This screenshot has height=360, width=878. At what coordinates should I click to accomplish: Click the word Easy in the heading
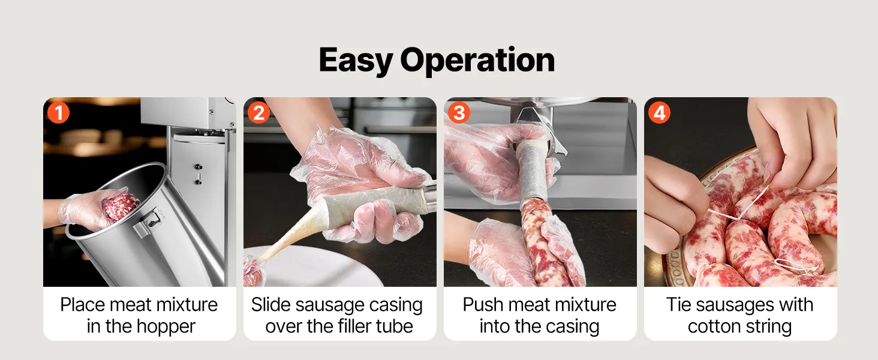[x=356, y=61]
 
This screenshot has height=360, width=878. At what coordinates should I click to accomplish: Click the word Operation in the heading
[x=477, y=59]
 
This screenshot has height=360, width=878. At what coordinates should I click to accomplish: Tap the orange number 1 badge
[x=58, y=113]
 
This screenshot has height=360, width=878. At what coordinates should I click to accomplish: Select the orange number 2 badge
[x=258, y=113]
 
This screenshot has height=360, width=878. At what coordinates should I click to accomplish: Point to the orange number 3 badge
[x=459, y=113]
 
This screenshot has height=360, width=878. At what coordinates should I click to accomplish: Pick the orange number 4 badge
[x=659, y=113]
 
